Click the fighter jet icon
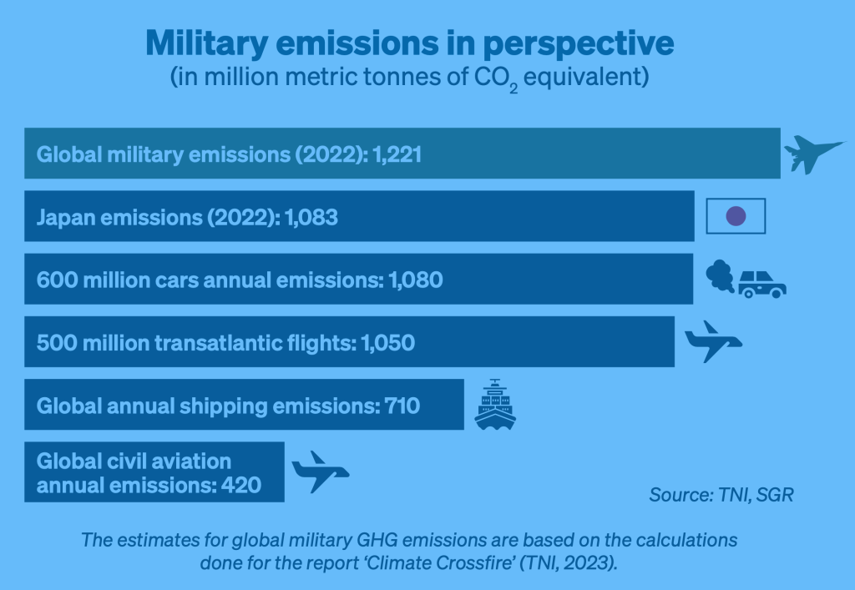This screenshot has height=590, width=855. click(812, 154)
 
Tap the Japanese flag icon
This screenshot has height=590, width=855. click(736, 216)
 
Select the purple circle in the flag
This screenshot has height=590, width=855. click(736, 216)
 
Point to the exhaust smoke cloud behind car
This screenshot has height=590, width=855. click(720, 275)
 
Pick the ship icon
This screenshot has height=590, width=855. click(495, 405)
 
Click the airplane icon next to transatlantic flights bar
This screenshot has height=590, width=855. click(712, 341)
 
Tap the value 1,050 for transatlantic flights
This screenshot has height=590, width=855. click(387, 343)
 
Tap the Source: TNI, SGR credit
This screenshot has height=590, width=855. click(721, 494)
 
